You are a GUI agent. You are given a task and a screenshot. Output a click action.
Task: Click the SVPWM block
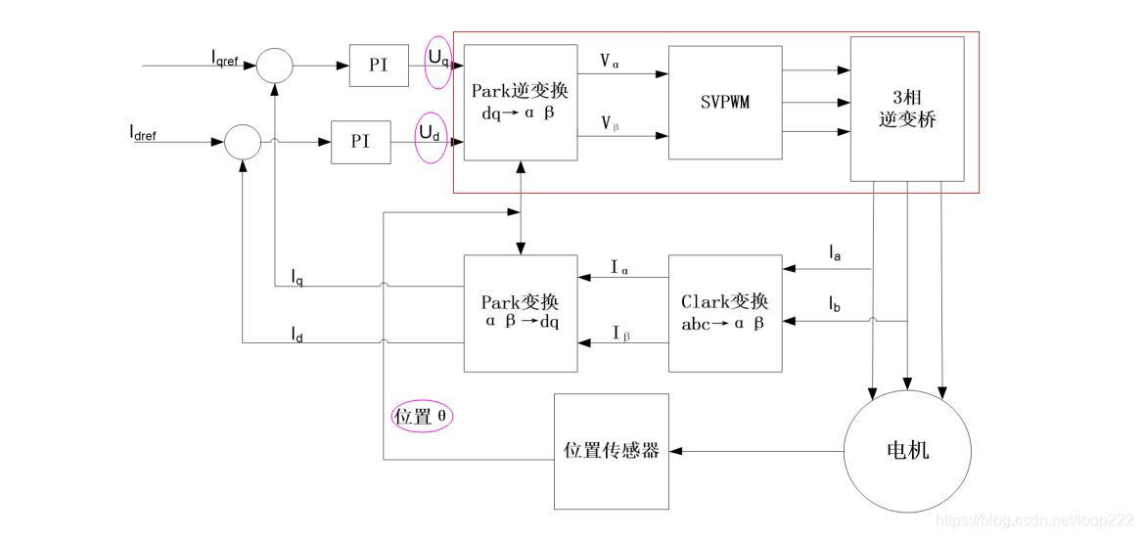725,103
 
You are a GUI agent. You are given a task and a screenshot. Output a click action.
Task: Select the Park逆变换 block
520,103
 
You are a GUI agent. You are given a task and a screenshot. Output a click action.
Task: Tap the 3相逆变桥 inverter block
907,109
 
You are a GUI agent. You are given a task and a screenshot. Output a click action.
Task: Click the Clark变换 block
725,313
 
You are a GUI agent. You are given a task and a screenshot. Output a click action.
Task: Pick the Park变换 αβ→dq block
520,313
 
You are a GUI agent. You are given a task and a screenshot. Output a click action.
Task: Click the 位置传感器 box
612,451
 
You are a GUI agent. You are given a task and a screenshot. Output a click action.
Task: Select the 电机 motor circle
907,450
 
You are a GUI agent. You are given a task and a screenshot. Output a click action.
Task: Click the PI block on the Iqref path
379,66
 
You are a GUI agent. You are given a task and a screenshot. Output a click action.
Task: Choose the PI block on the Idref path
360,142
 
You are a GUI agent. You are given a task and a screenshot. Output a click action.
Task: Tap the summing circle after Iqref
275,66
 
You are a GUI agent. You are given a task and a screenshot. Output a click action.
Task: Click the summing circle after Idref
243,142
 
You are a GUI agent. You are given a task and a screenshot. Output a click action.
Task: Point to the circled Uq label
438,59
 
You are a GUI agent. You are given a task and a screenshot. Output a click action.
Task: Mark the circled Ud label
430,133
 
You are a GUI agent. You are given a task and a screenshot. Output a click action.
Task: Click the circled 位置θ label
422,416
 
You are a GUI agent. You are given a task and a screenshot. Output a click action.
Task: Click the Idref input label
143,132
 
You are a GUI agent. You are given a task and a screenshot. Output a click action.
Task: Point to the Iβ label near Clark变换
620,335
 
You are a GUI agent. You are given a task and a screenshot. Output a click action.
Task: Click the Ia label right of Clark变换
835,254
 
